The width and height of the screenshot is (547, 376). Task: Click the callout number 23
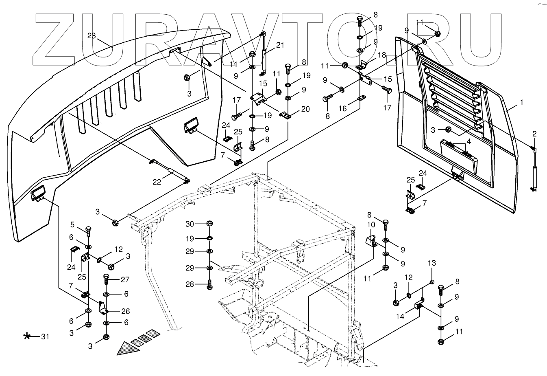pyautogui.click(x=92, y=36)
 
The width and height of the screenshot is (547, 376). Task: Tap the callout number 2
pyautogui.click(x=534, y=134)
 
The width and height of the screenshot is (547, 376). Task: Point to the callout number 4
pyautogui.click(x=469, y=142)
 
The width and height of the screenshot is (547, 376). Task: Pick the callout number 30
pyautogui.click(x=190, y=224)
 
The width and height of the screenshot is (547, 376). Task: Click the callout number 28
pyautogui.click(x=190, y=284)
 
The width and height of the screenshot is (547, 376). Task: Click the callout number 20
pyautogui.click(x=305, y=109)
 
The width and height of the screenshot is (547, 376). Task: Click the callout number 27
pyautogui.click(x=125, y=280)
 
